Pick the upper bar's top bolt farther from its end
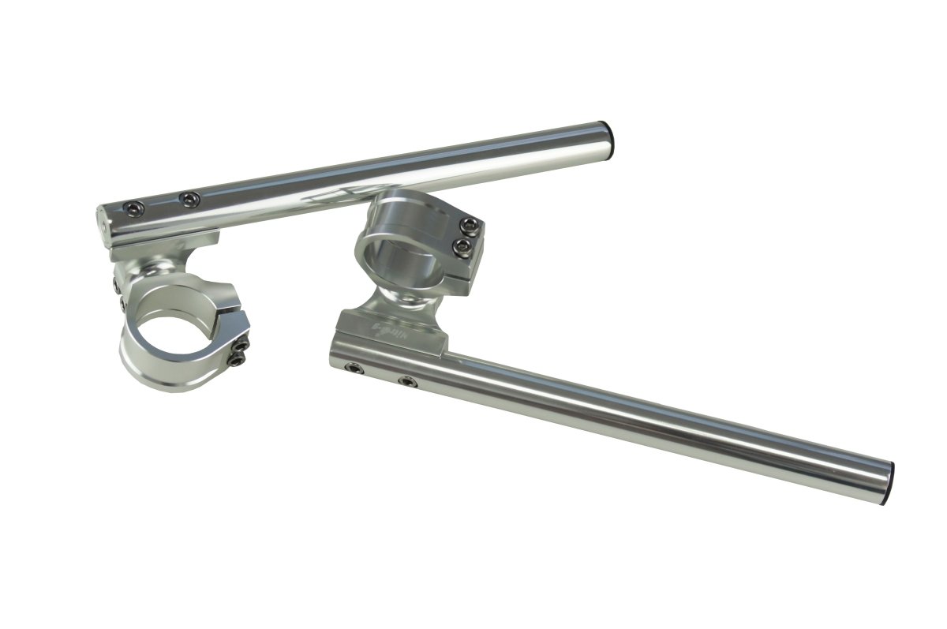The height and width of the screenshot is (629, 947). point(188,200)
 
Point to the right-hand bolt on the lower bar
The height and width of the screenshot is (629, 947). point(407,382)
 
